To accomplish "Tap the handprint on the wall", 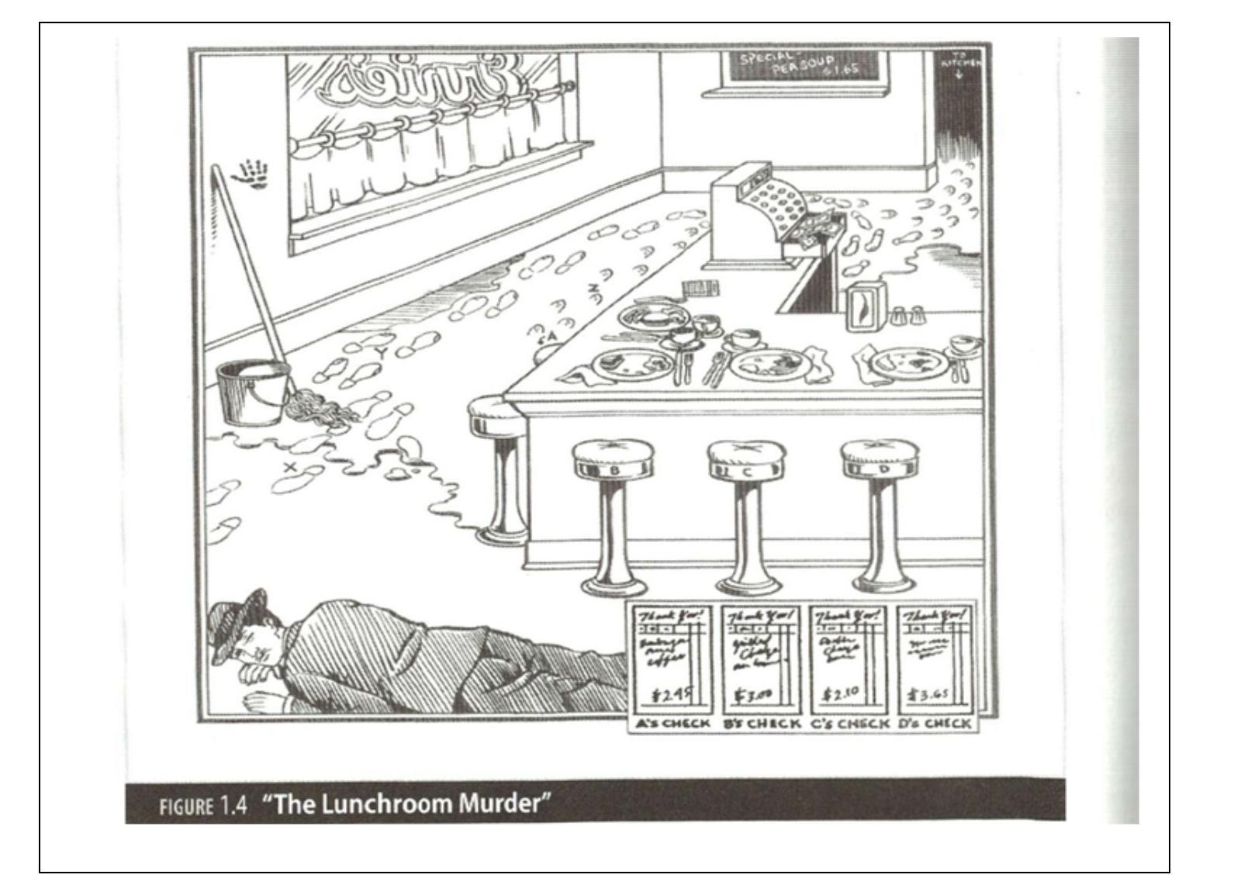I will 252,175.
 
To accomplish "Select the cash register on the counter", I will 756,209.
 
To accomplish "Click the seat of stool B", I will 612,458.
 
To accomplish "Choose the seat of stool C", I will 746,459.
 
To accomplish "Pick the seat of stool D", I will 880,458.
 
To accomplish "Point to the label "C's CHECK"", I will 850,724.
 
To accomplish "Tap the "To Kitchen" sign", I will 959,63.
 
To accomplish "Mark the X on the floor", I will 291,467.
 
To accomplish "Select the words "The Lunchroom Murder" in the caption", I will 403,803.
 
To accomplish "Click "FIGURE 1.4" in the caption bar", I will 203,805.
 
